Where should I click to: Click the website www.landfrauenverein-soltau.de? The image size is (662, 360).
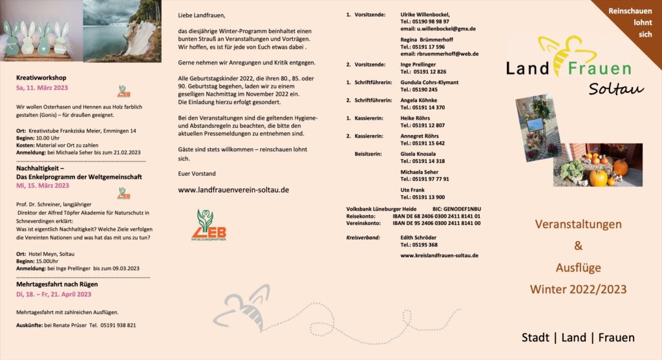[233, 190]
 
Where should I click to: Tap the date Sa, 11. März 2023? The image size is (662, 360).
[42, 87]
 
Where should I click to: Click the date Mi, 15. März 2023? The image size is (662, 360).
[43, 185]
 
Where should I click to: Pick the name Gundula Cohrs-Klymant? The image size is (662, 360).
[429, 83]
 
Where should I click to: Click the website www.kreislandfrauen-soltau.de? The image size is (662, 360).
[439, 255]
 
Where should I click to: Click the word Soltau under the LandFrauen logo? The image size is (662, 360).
[615, 89]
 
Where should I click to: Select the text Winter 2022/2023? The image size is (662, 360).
[578, 289]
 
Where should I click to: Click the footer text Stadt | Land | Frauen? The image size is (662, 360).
[578, 337]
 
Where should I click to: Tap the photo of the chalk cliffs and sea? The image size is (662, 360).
[120, 30]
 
